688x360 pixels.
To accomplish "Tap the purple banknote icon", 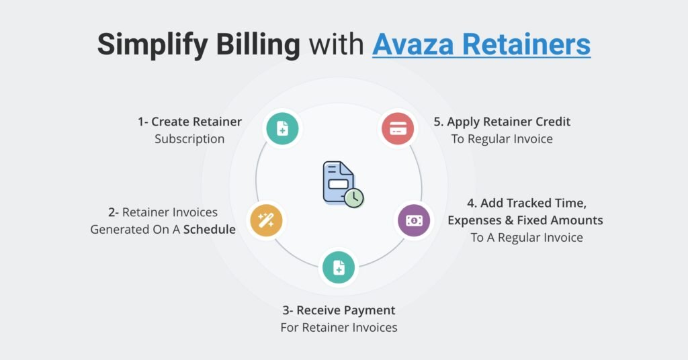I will click(415, 220).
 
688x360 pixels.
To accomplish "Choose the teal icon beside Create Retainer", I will click(282, 128).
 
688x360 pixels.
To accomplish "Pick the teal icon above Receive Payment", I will click(339, 267).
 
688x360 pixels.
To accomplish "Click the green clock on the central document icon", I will click(354, 197).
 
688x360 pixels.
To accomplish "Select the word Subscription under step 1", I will click(189, 139).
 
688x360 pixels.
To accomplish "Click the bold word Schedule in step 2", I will click(210, 229).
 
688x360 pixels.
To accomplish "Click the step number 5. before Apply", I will click(439, 122).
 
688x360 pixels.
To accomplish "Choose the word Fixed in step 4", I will click(533, 220).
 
